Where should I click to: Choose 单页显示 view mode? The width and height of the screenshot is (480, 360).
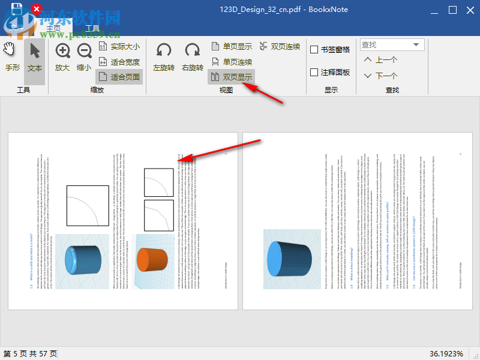tap(232, 46)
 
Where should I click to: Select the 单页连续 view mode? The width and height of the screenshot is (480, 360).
tap(232, 62)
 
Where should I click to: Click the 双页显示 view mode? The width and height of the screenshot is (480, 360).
tap(232, 77)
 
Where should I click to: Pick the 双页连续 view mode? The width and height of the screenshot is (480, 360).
tap(280, 46)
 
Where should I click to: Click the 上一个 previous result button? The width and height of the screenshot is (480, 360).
tap(380, 60)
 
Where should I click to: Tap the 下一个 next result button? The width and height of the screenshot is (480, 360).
tap(380, 76)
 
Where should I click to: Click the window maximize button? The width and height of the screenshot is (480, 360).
tap(453, 10)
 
